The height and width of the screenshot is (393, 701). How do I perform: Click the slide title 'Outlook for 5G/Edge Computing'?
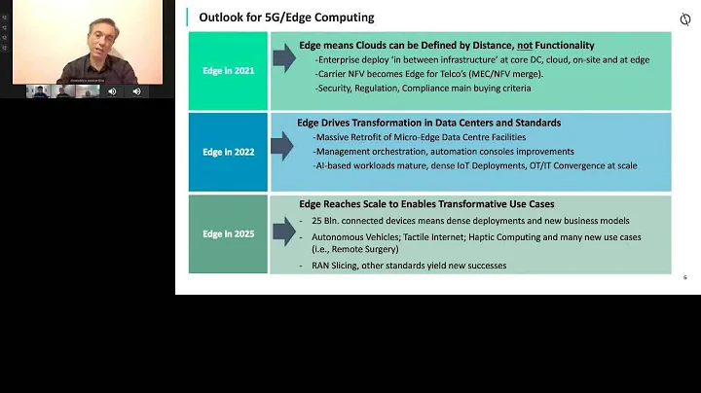286,18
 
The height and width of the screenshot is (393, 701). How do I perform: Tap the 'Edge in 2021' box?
228,70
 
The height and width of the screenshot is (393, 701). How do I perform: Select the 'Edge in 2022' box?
228,152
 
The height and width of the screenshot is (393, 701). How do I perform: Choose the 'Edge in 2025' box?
228,234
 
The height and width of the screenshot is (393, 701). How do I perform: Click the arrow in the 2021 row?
283,59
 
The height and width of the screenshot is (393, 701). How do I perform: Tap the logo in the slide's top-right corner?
684,20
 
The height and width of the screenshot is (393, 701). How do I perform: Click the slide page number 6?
684,277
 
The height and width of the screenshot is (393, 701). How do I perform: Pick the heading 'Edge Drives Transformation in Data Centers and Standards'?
428,124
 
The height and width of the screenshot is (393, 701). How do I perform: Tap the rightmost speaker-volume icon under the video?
135,91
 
